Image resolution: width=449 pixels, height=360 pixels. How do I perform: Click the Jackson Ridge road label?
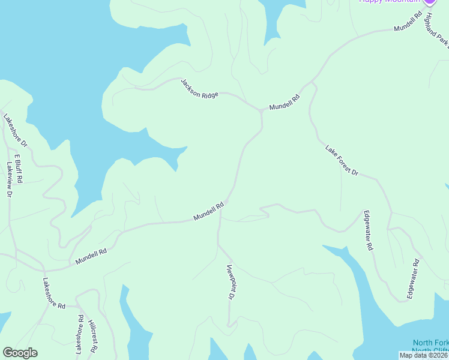click(200, 89)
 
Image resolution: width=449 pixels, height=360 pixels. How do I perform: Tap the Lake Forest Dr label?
click(342, 160)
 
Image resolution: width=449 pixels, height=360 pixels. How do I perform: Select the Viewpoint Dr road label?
click(230, 281)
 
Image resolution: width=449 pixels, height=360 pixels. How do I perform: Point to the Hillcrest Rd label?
click(93, 335)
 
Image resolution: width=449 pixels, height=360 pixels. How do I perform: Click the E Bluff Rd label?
click(18, 167)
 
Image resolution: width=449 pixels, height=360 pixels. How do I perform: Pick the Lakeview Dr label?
click(10, 180)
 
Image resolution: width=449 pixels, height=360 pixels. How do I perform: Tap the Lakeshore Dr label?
click(16, 130)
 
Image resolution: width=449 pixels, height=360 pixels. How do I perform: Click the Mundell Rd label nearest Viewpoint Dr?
click(208, 211)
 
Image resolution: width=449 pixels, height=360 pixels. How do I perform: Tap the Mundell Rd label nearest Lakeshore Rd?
click(91, 257)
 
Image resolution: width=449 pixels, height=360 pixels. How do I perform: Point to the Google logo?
click(20, 353)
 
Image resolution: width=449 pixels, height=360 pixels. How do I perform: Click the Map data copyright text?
click(423, 355)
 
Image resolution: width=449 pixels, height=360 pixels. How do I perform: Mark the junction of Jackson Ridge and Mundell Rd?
click(261, 111)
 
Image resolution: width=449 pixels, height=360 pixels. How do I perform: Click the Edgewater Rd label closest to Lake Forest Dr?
click(368, 230)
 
